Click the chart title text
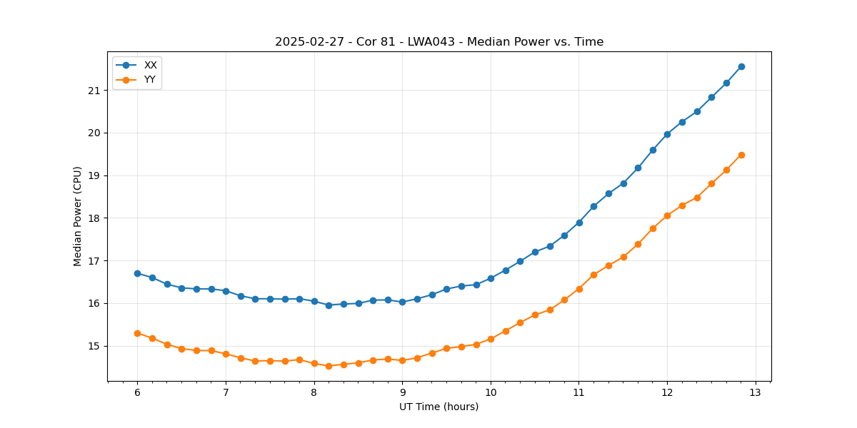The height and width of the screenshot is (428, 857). [x=439, y=42]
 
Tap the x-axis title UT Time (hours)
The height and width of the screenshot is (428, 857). [x=438, y=407]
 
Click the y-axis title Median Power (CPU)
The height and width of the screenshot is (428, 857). [x=78, y=216]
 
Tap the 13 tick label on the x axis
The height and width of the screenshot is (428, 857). [x=756, y=392]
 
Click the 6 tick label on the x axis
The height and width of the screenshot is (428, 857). [x=137, y=392]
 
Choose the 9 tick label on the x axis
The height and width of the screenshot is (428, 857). [x=402, y=392]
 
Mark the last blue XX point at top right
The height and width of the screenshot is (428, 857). [x=741, y=66]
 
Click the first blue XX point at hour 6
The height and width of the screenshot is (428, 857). [x=137, y=273]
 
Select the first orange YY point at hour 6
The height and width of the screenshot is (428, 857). [x=137, y=333]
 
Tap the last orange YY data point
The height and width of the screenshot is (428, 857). [x=741, y=155]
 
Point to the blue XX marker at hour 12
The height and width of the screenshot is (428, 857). [x=667, y=134]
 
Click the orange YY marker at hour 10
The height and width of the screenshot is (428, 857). [x=491, y=339]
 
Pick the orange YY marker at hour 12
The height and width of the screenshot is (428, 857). [x=667, y=215]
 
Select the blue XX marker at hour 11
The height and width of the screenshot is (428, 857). [x=579, y=223]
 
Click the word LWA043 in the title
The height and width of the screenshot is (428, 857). [x=428, y=42]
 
